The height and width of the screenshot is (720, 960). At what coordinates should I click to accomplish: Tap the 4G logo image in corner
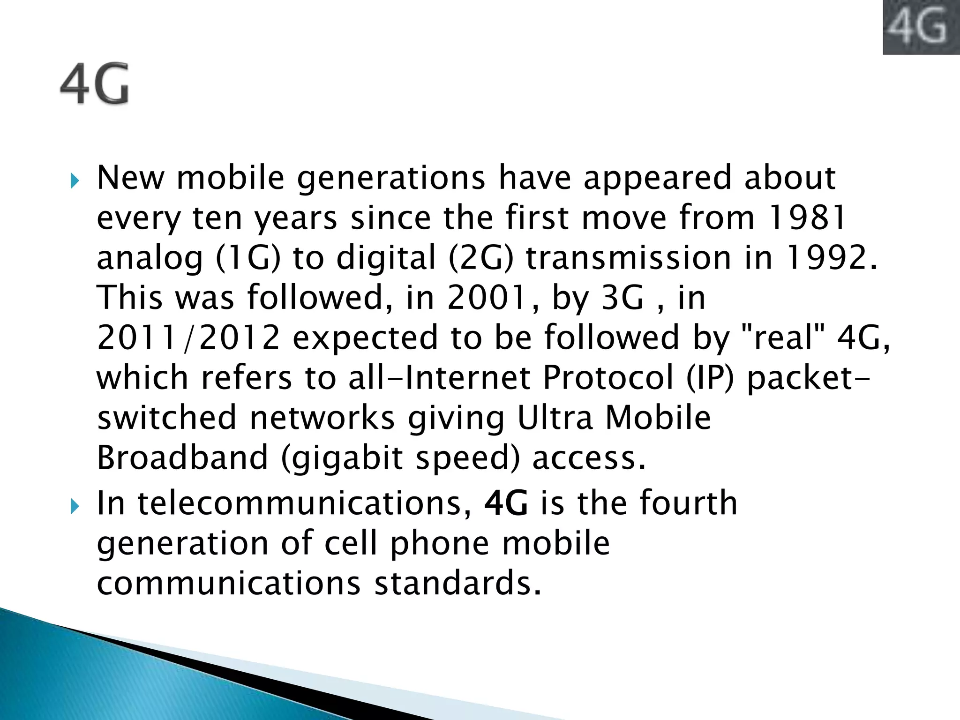coord(921,27)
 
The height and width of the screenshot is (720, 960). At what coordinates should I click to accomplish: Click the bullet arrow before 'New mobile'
coord(75,180)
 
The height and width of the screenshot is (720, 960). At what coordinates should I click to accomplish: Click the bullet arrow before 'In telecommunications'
coord(75,506)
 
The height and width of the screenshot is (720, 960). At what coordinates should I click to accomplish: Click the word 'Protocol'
coord(608,378)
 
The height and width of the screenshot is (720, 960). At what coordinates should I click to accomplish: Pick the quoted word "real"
coord(783,337)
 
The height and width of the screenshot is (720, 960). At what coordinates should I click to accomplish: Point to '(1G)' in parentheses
coord(247,258)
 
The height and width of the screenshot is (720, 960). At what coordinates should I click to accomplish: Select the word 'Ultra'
coord(555,418)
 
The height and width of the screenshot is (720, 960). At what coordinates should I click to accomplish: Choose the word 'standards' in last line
coord(457,584)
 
